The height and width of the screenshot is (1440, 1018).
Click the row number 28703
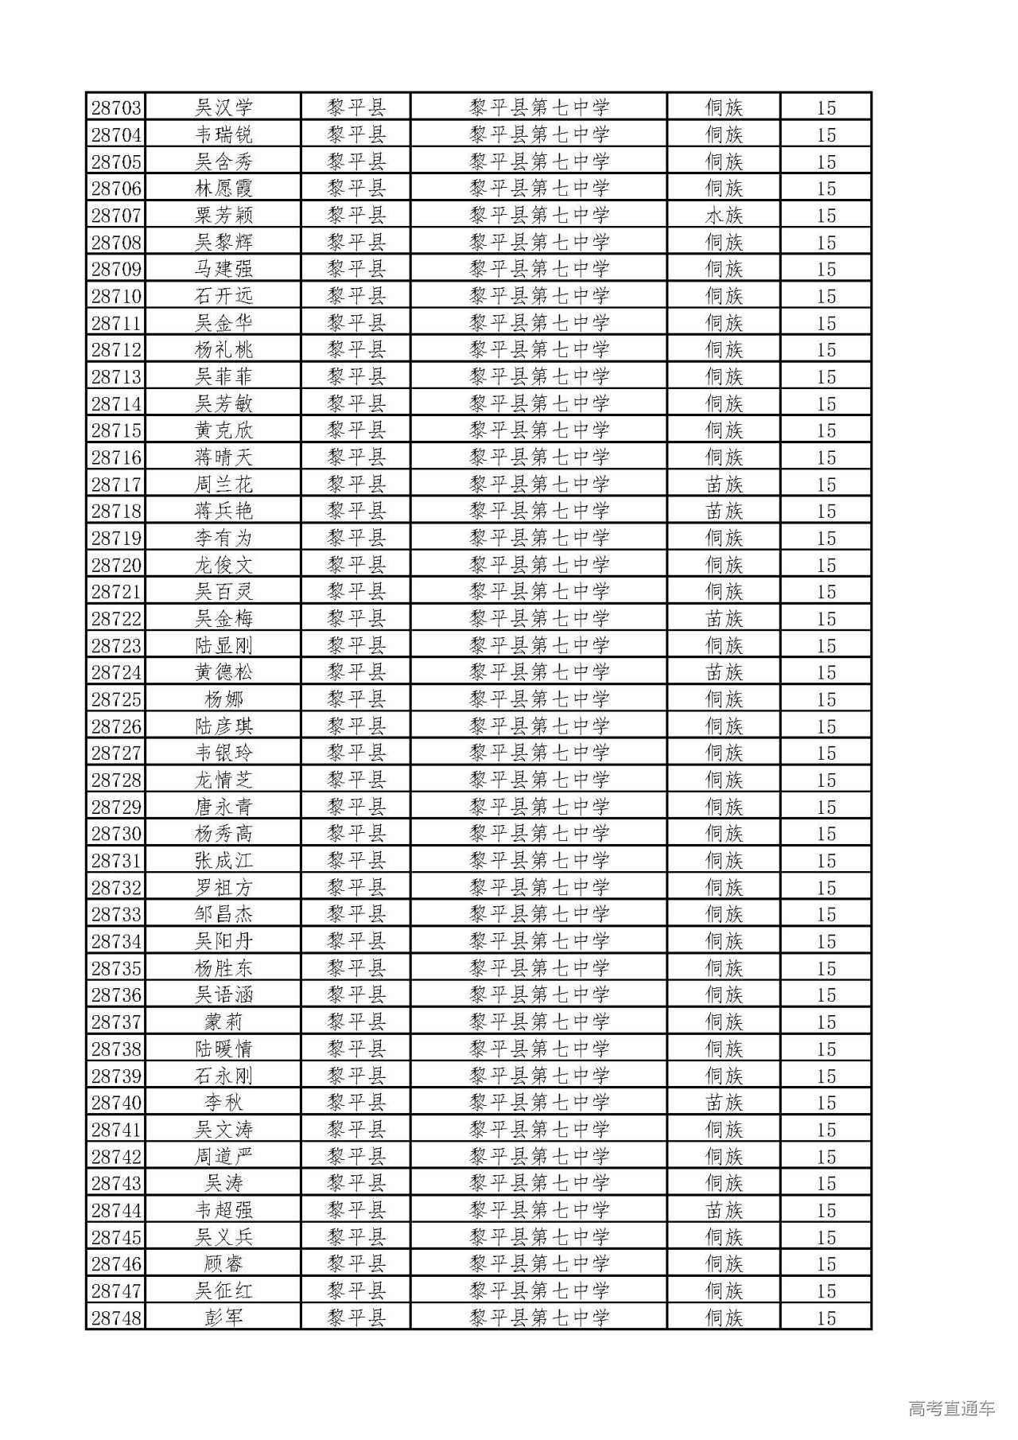coord(116,107)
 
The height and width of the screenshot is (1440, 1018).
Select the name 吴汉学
coord(223,107)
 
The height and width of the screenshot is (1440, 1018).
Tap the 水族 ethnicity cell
coord(724,215)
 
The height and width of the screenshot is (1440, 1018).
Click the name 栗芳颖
coord(223,215)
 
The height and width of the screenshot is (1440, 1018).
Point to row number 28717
coord(116,484)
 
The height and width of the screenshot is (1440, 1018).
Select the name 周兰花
coord(223,484)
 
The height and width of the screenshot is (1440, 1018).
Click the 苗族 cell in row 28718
coord(724,511)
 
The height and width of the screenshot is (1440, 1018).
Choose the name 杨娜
coord(223,699)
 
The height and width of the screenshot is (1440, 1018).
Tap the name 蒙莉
coord(223,1022)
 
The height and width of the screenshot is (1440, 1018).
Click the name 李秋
coord(223,1103)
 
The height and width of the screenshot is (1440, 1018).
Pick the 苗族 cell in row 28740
coord(724,1103)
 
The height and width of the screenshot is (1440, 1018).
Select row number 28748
coord(116,1317)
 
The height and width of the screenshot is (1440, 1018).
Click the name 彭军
coord(223,1317)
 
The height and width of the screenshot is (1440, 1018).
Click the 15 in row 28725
coord(826,699)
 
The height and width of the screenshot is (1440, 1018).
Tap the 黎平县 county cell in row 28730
coord(356,834)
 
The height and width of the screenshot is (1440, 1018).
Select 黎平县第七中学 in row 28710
coord(539,296)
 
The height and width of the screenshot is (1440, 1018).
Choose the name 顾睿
coord(223,1263)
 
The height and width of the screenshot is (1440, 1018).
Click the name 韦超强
coord(223,1210)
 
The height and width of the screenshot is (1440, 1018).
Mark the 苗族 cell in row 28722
coord(724,618)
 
